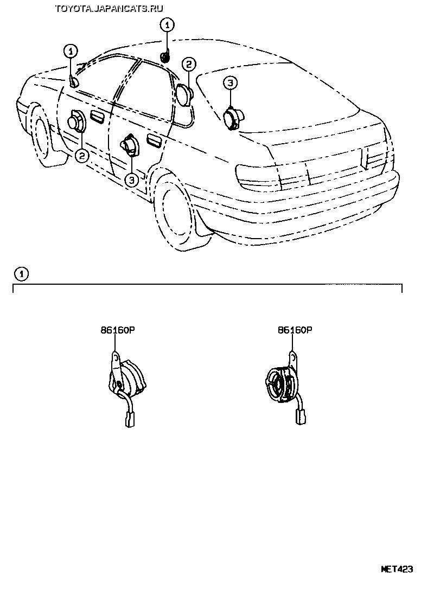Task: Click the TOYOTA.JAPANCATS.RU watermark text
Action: pos(109,7)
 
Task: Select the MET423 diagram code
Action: pos(397,569)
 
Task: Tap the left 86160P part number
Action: pos(116,329)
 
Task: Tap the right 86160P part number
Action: pos(295,329)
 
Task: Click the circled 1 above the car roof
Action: pos(167,24)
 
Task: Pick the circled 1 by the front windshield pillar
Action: pos(70,52)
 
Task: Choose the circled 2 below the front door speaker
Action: pos(81,156)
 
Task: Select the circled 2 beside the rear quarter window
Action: pos(188,65)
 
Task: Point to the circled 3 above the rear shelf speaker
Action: pos(230,82)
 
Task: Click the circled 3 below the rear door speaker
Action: pos(131,180)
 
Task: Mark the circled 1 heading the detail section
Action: pos(21,274)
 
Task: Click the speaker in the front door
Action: pos(76,121)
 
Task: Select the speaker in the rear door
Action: pos(130,145)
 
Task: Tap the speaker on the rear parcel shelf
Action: pos(234,116)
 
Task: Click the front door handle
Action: pos(98,118)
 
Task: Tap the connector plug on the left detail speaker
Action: pos(130,420)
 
